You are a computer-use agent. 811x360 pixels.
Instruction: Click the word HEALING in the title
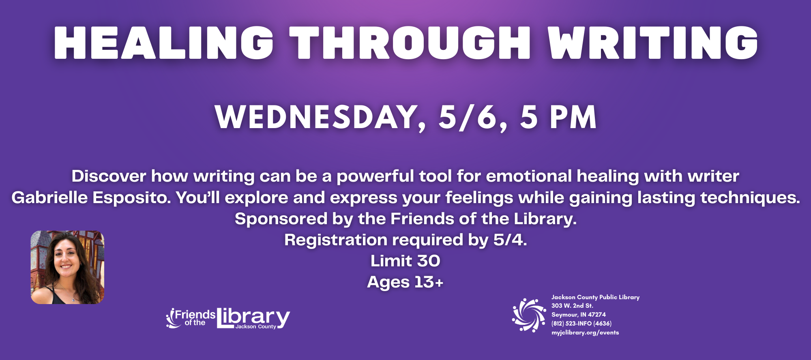point(163,43)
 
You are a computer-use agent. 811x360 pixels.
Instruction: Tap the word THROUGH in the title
point(410,43)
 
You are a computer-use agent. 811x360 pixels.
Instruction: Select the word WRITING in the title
point(652,43)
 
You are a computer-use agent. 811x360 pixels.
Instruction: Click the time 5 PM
point(558,117)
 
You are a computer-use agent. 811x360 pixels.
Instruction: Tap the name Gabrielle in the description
point(49,198)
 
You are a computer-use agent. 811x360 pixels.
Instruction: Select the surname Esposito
point(131,198)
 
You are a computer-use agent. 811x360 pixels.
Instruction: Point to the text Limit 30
point(405,261)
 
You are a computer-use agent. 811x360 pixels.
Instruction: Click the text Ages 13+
point(405,282)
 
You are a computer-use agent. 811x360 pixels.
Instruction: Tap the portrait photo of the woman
point(67,267)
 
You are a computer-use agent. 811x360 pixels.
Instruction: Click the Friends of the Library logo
point(228,318)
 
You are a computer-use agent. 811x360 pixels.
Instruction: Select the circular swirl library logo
point(529,315)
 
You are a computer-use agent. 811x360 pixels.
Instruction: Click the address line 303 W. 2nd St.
point(572,306)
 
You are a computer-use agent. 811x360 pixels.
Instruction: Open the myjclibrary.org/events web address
point(585,332)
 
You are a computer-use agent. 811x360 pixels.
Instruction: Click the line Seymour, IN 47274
point(579,315)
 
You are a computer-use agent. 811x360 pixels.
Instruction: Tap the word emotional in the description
point(529,176)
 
